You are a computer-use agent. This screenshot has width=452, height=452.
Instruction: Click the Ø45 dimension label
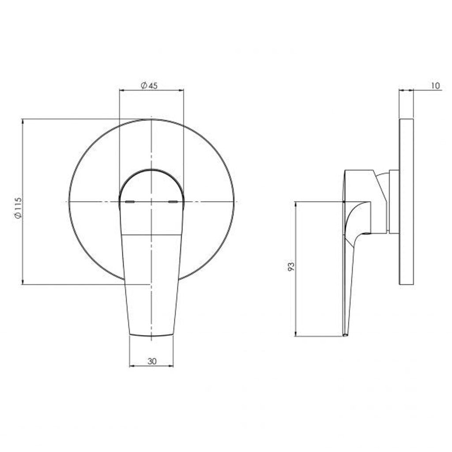point(149,86)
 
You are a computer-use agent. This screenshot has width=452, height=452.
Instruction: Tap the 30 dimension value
point(152,361)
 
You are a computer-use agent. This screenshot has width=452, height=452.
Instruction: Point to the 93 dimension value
point(291,267)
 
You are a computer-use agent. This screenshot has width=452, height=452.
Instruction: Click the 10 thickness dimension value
point(436,86)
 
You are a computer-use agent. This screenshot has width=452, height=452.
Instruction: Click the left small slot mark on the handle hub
point(130,202)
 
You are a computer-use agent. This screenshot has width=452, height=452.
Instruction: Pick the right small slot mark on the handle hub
point(173,202)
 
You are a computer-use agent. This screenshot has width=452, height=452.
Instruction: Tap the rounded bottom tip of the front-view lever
point(151,335)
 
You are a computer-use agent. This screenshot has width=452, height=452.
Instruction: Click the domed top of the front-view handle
point(151,170)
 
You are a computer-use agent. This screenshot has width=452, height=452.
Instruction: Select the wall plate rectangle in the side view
point(406,201)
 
